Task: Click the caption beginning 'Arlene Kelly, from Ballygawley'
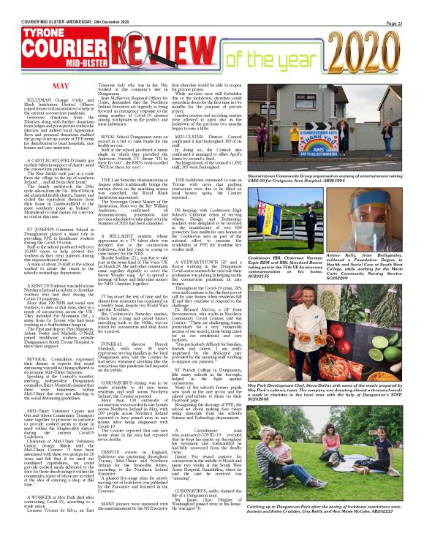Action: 384,248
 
